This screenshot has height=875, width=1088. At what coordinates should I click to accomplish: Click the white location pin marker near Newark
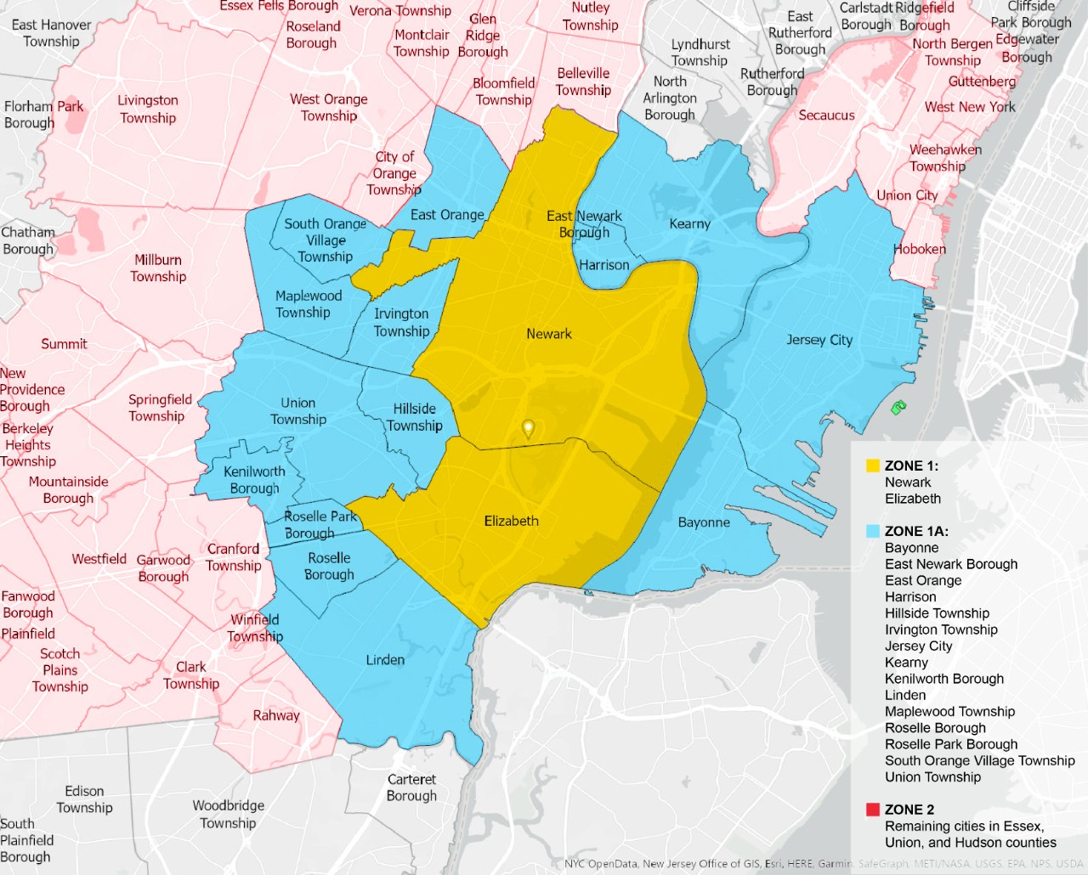[x=528, y=429]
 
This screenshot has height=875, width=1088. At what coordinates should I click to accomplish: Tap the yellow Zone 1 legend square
[x=872, y=466]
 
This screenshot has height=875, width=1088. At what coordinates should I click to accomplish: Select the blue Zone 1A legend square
[x=872, y=531]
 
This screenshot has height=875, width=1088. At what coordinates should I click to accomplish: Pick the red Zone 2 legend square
[x=872, y=810]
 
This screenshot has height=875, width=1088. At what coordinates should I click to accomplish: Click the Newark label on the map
[x=548, y=334]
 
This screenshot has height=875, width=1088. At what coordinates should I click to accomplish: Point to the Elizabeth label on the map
[x=511, y=521]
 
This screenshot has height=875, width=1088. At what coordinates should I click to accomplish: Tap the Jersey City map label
[x=819, y=340]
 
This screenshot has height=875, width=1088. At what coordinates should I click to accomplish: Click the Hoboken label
[x=919, y=249]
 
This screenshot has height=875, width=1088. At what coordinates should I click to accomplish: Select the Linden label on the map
[x=385, y=659]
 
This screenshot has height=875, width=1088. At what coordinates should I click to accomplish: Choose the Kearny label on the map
[x=689, y=223]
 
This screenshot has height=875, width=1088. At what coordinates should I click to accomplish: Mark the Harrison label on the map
[x=603, y=265]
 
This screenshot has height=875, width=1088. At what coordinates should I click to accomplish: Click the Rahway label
[x=276, y=715]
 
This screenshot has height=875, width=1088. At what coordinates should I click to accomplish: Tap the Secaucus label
[x=826, y=115]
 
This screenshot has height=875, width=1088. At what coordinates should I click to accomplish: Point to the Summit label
[x=64, y=344]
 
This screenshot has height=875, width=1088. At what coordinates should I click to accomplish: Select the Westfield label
[x=99, y=559]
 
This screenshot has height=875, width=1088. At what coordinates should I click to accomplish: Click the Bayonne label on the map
[x=704, y=522]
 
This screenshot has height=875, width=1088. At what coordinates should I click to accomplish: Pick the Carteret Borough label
[x=411, y=787]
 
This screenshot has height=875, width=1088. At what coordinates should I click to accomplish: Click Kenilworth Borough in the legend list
[x=943, y=679]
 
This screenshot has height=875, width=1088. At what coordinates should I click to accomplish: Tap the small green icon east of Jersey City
[x=898, y=408]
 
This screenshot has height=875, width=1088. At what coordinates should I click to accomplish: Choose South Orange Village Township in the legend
[x=979, y=760]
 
